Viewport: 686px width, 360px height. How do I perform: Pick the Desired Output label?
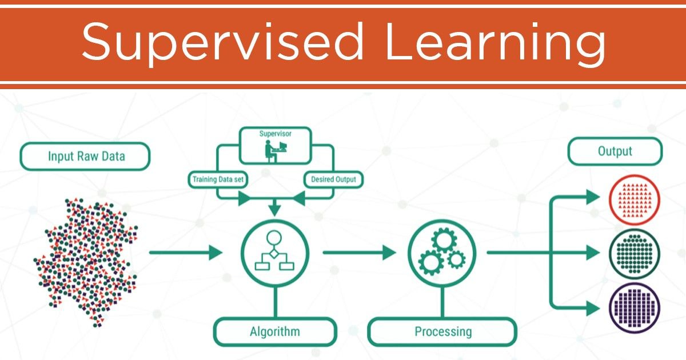[x=333, y=179]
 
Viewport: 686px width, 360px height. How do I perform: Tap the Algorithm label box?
[x=274, y=331]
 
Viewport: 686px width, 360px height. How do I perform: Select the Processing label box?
[x=443, y=331]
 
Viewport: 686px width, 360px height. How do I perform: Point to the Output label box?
[x=615, y=151]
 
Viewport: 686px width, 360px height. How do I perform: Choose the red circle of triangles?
[x=635, y=199]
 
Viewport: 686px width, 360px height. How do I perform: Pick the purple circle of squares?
[x=635, y=307]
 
